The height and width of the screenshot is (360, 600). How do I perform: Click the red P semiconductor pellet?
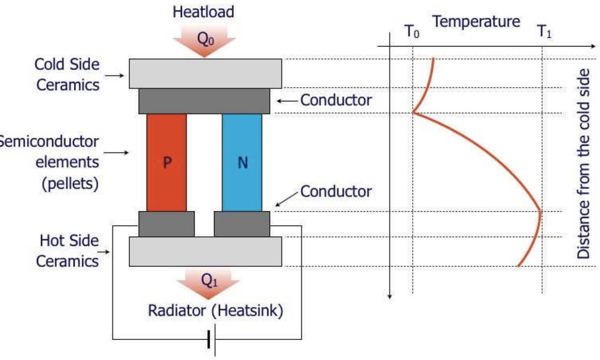(166, 162)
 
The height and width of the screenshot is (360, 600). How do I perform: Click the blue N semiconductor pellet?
(242, 162)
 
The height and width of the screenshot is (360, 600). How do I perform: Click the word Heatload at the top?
(203, 12)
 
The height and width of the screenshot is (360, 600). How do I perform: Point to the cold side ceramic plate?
(205, 73)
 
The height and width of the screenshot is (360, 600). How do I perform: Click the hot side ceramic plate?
(205, 251)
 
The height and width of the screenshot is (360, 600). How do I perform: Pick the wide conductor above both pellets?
(204, 101)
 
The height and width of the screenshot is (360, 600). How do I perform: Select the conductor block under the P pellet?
(166, 224)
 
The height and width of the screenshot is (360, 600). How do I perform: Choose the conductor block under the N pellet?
(242, 224)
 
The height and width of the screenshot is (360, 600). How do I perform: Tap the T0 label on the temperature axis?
(412, 32)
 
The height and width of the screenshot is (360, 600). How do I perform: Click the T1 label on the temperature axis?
(544, 32)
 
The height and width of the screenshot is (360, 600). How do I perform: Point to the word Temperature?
(476, 21)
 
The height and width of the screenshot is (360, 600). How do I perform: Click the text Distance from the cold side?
(583, 164)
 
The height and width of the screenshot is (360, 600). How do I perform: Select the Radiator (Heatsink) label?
(215, 311)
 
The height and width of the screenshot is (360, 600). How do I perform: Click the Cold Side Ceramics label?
(67, 74)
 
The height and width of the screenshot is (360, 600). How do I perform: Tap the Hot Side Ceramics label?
(68, 251)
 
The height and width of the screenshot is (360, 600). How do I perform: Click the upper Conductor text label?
(336, 100)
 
